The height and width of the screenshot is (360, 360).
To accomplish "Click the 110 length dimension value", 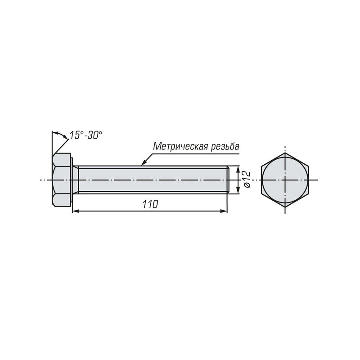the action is [150, 204].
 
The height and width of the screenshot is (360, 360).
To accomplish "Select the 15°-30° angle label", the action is [86, 135].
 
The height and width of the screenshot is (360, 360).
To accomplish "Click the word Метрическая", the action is [180, 146].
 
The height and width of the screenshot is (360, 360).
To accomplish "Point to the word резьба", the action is [225, 146].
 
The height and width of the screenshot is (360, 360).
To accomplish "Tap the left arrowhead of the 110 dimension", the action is [76, 211].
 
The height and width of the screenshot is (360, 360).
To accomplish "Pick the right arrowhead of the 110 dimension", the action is [224, 211].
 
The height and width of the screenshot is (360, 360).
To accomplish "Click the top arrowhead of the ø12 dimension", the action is [238, 169].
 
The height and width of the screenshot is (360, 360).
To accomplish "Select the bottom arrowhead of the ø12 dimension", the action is [238, 190].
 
